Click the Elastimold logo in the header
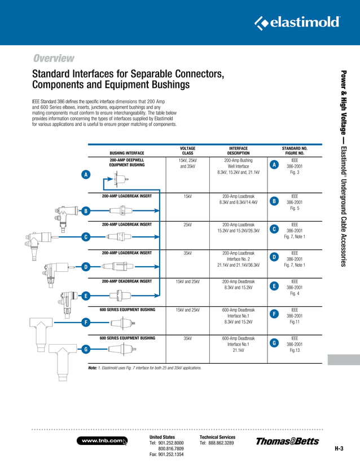(x=297, y=23)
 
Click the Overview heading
(x=54, y=58)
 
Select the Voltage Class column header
(x=187, y=151)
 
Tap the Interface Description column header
(x=238, y=151)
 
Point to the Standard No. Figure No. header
(x=294, y=151)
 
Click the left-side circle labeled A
(x=86, y=175)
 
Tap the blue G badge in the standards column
(x=274, y=343)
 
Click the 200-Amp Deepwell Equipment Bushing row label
(x=127, y=163)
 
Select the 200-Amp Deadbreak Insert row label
(x=127, y=281)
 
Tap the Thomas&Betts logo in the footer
(x=287, y=441)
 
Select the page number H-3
(x=339, y=449)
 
